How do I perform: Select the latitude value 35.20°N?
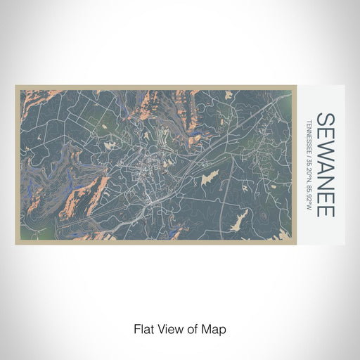309,176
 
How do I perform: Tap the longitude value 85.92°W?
309,202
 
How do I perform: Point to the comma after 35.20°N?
309,188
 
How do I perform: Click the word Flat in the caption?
143,329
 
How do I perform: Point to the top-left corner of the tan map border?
15,87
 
